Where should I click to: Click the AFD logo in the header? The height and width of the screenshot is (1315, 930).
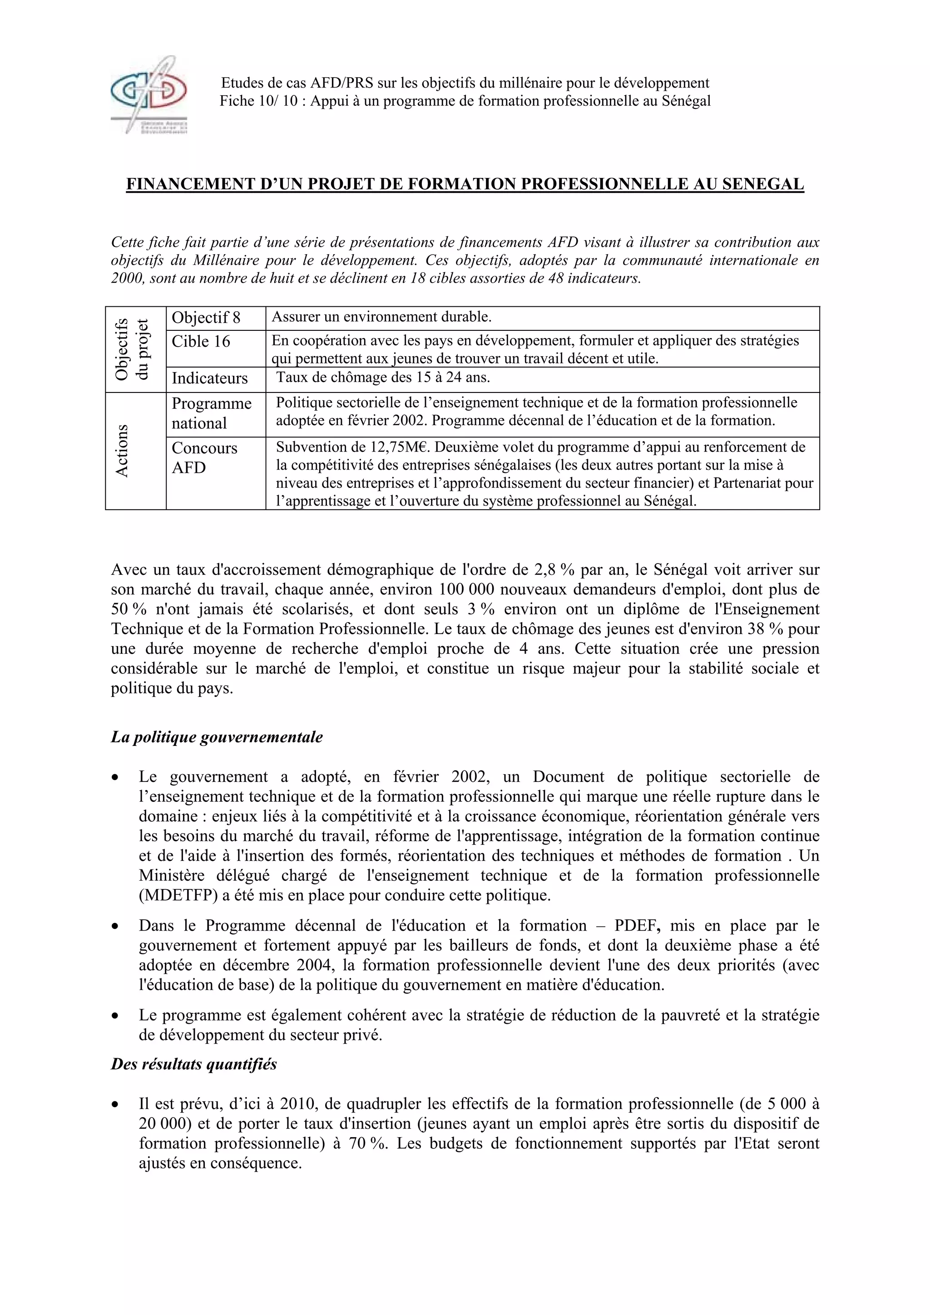pyautogui.click(x=149, y=95)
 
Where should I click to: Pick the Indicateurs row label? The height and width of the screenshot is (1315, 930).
pyautogui.click(x=210, y=378)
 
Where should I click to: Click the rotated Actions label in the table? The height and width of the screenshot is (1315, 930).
pyautogui.click(x=122, y=450)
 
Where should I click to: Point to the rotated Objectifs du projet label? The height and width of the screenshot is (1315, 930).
pyautogui.click(x=132, y=349)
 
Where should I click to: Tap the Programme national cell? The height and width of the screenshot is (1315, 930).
pyautogui.click(x=212, y=413)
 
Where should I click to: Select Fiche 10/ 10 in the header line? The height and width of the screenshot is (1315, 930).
pyautogui.click(x=245, y=101)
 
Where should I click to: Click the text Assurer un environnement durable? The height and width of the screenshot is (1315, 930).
pyautogui.click(x=381, y=317)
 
